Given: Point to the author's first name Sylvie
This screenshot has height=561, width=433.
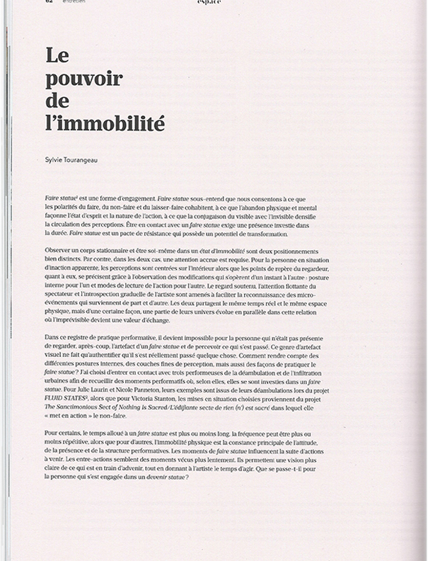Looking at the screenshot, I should click(54, 160).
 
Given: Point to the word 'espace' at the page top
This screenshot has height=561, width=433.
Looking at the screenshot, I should click(209, 3).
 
